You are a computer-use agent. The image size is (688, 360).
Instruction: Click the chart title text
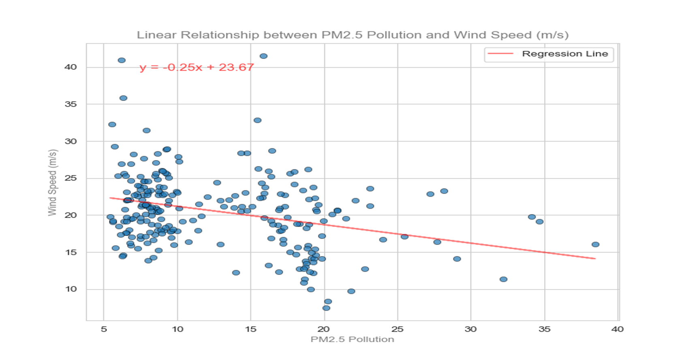[x=353, y=35]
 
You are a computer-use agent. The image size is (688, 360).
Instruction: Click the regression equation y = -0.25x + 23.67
[x=197, y=67]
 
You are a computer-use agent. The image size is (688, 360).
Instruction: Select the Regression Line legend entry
[x=564, y=54]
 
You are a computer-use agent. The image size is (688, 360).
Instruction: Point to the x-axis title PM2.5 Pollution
[x=352, y=339]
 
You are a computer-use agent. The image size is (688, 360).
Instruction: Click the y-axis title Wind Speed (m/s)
[x=53, y=182]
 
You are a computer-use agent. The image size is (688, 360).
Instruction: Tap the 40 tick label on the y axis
[x=71, y=67]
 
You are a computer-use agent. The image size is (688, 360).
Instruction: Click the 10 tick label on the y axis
[x=71, y=289]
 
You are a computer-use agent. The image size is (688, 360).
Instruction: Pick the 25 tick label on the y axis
[x=71, y=178]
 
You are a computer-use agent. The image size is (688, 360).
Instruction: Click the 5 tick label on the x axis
[x=104, y=329]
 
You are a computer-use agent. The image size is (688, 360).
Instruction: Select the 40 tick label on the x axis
[x=617, y=329]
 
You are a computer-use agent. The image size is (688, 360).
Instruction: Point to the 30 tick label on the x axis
[x=470, y=329]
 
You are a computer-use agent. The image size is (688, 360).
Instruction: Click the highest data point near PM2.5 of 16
[x=263, y=56]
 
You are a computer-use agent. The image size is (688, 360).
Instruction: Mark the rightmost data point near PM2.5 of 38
[x=595, y=244]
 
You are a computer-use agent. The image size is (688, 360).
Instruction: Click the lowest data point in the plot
[x=326, y=308]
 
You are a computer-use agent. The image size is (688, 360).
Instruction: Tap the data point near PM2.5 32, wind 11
[x=503, y=279]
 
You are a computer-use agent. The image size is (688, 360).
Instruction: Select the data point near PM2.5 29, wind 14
[x=457, y=259]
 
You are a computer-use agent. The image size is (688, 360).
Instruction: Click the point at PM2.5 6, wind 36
[x=123, y=98]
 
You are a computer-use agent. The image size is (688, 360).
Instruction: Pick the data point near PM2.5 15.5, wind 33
[x=257, y=120]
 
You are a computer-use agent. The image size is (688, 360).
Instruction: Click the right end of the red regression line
[x=595, y=259]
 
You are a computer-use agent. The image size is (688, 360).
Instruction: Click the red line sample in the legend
[x=500, y=54]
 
